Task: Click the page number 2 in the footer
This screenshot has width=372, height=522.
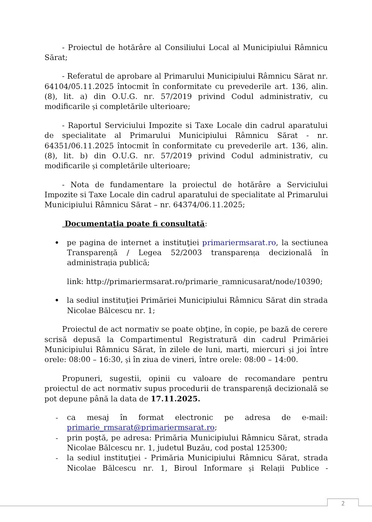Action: [343, 503]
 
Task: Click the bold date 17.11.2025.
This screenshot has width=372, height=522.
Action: [175, 399]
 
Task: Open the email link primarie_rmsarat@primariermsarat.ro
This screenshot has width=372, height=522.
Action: [141, 428]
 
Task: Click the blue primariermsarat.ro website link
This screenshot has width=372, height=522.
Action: [239, 243]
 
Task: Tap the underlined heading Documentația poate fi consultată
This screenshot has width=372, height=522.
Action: [134, 224]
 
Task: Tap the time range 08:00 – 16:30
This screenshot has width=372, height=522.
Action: [95, 360]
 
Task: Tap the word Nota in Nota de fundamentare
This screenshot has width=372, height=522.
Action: [80, 185]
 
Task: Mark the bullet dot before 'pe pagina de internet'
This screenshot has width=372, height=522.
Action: [57, 243]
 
